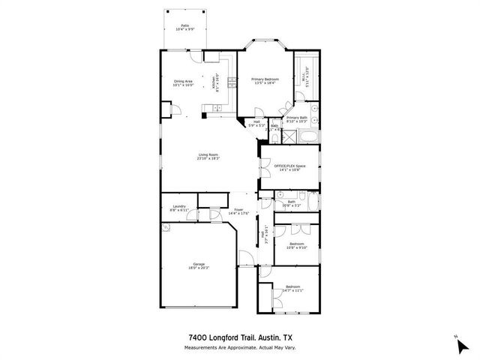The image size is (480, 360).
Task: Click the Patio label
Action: coord(184,26)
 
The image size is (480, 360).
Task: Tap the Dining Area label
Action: coord(184,82)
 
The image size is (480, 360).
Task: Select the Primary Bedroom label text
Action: coord(265,79)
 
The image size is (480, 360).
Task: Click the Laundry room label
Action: coord(178,206)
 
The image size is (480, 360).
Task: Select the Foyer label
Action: coord(238,210)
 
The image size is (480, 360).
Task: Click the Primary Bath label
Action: coord(297,118)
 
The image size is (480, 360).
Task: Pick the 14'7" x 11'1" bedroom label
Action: coord(292,289)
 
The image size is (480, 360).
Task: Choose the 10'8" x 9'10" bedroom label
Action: coord(297,244)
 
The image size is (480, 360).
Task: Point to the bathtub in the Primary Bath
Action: coord(308,138)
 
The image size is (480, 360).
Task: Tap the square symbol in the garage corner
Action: coord(168,231)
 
